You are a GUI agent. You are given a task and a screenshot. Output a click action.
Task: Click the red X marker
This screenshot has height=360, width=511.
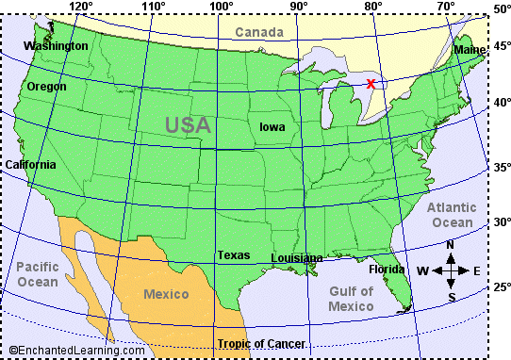tap(371, 84)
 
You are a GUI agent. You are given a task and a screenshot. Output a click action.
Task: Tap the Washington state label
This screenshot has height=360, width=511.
tap(56, 45)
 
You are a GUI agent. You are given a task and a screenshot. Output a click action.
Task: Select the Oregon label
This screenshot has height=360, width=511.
tap(46, 86)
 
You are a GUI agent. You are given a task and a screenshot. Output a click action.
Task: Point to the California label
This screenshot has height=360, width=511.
tap(30, 164)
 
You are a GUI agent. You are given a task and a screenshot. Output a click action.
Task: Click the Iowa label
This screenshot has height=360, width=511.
tap(274, 125)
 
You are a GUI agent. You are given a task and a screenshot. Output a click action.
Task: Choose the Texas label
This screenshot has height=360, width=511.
tap(233, 254)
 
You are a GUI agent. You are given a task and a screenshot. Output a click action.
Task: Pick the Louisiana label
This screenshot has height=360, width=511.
tap(296, 257)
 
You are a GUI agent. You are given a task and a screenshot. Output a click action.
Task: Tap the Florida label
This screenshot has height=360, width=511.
tap(387, 269)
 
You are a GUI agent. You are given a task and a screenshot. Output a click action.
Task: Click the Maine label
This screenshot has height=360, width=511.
tap(470, 49)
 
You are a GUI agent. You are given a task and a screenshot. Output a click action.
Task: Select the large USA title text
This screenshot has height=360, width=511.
tap(188, 123)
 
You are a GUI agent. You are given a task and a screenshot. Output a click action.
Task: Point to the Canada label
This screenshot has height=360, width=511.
tap(258, 33)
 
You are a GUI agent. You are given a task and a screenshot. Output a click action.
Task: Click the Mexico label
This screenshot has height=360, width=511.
tap(166, 294)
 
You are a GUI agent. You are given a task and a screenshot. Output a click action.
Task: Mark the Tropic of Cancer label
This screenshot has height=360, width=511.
tap(261, 344)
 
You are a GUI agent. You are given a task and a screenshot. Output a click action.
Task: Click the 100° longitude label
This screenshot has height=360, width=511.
tap(222, 8)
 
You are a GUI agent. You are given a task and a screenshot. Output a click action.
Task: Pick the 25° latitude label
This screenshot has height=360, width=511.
tap(501, 286)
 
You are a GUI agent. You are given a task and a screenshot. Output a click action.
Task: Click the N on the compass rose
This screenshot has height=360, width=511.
tap(451, 246)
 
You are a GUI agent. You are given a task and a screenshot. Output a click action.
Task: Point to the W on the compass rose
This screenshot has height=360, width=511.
tap(422, 271)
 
